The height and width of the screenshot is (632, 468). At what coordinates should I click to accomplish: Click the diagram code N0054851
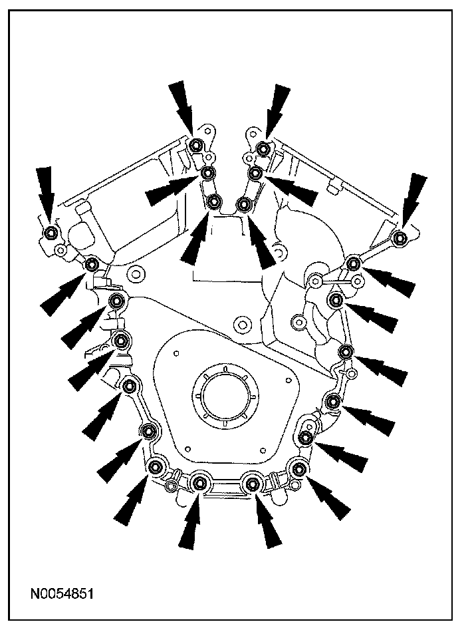62,593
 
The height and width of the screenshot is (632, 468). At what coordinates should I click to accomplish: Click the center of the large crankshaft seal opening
225,396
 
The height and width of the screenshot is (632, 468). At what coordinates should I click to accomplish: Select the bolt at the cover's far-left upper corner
51,233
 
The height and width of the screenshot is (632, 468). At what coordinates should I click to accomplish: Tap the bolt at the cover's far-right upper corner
400,237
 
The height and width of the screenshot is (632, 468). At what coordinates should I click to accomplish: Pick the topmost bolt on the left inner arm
196,145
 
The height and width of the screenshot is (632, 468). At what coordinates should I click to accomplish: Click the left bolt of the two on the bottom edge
199,482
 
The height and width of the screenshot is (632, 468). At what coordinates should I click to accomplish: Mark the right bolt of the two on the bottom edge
252,482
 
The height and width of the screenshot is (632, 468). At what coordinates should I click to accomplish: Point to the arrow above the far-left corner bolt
47,194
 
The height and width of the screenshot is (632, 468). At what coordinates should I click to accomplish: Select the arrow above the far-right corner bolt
412,201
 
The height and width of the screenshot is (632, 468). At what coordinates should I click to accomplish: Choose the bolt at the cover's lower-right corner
298,469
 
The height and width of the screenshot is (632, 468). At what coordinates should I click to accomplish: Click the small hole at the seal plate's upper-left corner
175,353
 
